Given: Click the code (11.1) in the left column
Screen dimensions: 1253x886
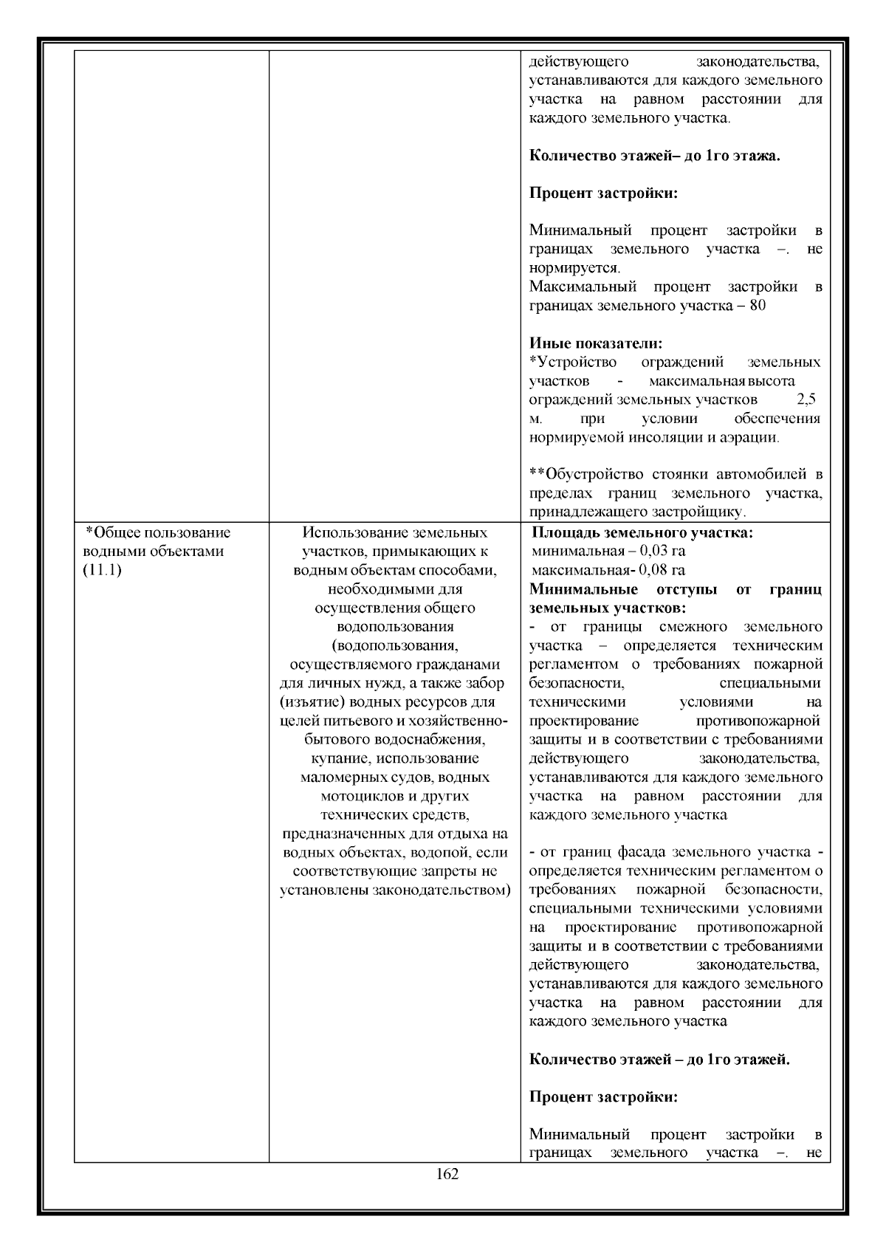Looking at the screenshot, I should tap(102, 571).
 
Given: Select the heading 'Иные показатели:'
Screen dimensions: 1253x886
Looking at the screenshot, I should tap(596, 343).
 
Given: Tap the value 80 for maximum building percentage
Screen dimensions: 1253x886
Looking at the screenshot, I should tap(757, 305).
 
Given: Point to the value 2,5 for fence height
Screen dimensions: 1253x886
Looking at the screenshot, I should tap(806, 399).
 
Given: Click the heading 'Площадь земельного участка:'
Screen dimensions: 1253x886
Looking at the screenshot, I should tap(642, 532).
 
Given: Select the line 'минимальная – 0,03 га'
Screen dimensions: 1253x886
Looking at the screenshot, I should tap(608, 551).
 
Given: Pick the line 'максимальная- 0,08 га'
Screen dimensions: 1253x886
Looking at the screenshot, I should tap(608, 570).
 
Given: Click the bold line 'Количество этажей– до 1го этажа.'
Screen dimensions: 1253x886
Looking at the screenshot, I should tap(655, 157).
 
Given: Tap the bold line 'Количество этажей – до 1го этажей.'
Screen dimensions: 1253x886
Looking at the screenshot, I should tap(659, 1060).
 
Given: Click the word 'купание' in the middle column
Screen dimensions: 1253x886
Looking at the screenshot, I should tap(339, 758).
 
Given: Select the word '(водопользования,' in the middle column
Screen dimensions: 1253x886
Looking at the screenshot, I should tap(395, 645).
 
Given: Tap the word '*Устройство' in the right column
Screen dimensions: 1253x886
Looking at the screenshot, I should tap(573, 362).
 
